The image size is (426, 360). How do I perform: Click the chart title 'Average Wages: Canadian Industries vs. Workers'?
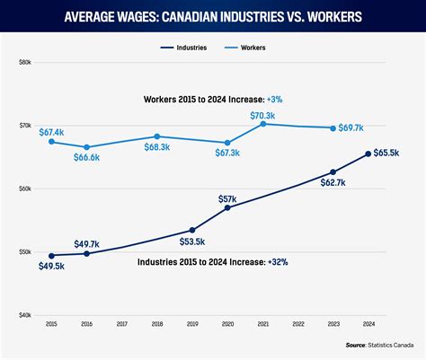coord(213,17)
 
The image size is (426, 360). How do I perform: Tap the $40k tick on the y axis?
coord(25,316)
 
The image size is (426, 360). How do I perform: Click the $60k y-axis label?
coord(25,189)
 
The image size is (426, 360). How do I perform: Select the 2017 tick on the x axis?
coord(122,324)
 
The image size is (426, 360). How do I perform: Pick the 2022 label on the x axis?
coord(298,324)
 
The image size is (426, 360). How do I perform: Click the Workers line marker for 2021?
coord(263,124)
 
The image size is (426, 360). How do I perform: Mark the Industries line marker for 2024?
coord(368,154)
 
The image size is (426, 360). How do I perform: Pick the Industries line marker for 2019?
coord(192,230)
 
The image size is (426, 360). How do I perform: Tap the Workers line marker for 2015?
coord(51,142)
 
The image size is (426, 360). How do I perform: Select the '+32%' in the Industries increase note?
coord(277,261)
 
